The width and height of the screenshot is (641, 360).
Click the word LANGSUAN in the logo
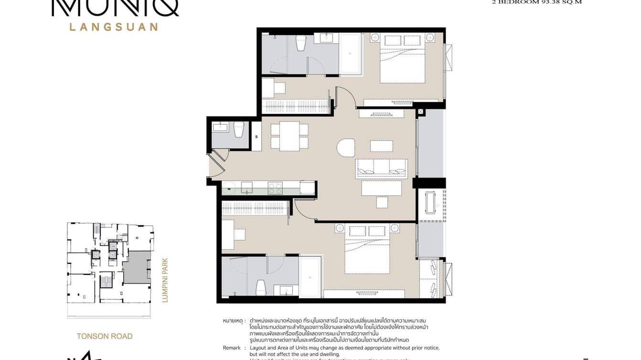pos(114,27)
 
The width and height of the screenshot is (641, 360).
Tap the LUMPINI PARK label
pos(165,280)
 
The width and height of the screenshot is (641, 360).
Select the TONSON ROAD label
pos(105,336)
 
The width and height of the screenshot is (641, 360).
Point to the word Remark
pos(232,348)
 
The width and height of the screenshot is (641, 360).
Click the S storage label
pos(256,137)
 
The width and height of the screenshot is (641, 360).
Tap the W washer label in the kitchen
pos(229,189)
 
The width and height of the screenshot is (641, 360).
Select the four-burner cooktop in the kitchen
pos(275,188)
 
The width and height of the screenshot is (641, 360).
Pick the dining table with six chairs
pos(289,136)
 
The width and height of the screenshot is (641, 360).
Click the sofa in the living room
pos(381,169)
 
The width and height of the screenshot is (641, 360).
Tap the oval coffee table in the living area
pos(346,148)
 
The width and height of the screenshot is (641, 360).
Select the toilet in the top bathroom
pos(301,43)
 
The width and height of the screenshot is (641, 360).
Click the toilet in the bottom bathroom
pos(261,287)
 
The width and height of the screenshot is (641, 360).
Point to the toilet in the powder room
pos(239,129)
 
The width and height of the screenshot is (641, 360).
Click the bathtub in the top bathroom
pos(351,54)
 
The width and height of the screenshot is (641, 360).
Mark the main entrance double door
pos(216,165)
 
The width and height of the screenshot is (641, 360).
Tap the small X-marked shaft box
pos(420,112)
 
